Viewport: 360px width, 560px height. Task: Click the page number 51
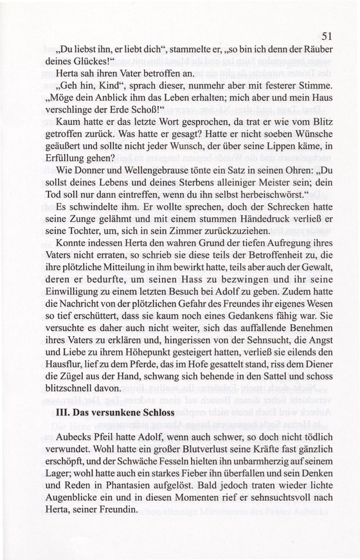click(327, 36)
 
